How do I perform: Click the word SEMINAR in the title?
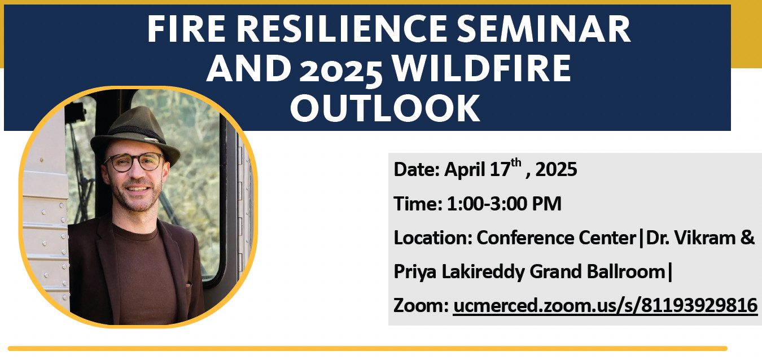[544, 29]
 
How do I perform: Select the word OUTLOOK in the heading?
[385, 108]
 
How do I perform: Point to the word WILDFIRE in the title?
[482, 69]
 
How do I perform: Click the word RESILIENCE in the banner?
[341, 29]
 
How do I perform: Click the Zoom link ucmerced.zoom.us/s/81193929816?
[605, 306]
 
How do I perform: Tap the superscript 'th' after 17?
[516, 163]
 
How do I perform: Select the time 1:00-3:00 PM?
[504, 204]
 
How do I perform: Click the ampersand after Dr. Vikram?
[747, 238]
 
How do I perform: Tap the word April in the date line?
[465, 170]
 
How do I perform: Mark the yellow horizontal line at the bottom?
[367, 349]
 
